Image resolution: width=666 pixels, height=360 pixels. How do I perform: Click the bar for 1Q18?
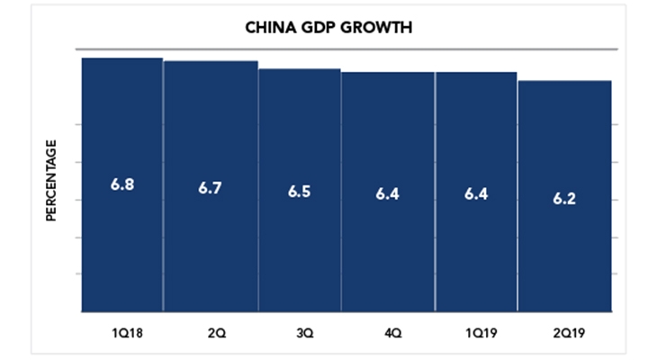tap(122, 184)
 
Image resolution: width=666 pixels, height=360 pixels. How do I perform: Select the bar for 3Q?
tap(300, 190)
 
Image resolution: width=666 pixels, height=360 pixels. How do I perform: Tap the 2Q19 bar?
tap(565, 196)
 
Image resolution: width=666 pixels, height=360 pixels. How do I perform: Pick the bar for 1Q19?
tap(477, 192)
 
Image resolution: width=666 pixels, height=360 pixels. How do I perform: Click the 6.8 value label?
tap(122, 184)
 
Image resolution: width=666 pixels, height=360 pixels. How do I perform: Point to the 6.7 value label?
tap(210, 188)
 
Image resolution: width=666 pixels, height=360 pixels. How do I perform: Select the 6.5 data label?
tap(300, 192)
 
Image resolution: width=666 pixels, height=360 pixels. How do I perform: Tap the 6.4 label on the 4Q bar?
tap(387, 194)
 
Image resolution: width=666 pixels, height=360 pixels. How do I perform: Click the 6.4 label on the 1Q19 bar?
tap(476, 194)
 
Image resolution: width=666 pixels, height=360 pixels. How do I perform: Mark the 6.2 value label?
tap(564, 198)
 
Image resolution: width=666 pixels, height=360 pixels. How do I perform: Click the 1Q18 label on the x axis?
tap(128, 333)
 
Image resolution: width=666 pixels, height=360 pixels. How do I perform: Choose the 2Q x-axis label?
tap(217, 333)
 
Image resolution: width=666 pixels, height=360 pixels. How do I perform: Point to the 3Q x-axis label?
tap(305, 333)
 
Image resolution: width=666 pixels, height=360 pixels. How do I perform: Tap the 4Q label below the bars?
tap(393, 333)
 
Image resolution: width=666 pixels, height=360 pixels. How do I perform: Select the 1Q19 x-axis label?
tap(481, 333)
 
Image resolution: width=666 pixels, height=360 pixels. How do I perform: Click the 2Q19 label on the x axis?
tap(569, 333)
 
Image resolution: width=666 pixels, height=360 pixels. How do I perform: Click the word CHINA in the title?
tap(271, 28)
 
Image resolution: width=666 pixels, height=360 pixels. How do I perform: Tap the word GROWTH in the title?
tap(376, 28)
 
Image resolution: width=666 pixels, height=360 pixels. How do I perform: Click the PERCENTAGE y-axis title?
tap(51, 180)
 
